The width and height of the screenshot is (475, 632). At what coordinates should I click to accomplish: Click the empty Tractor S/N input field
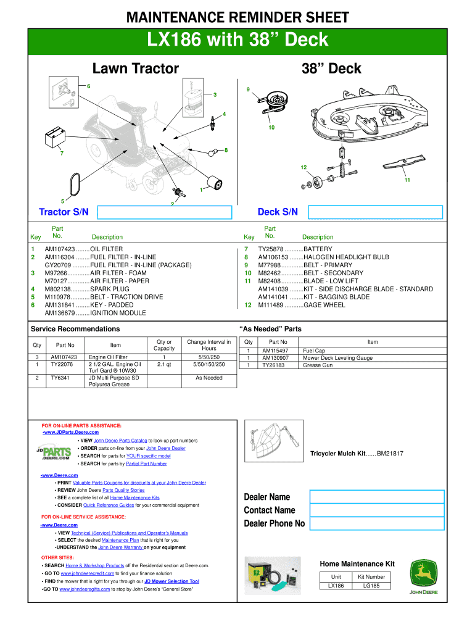pos(164,212)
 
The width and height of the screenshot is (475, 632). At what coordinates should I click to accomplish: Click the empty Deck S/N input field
pos(375,212)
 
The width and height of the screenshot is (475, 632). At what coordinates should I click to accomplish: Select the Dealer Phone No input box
pos(376,524)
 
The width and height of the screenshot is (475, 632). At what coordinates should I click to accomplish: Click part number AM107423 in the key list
pos(60,249)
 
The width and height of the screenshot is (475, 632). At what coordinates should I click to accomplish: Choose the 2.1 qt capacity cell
pos(164,364)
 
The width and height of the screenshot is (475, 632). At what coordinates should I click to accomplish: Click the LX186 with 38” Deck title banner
pos(238,41)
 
